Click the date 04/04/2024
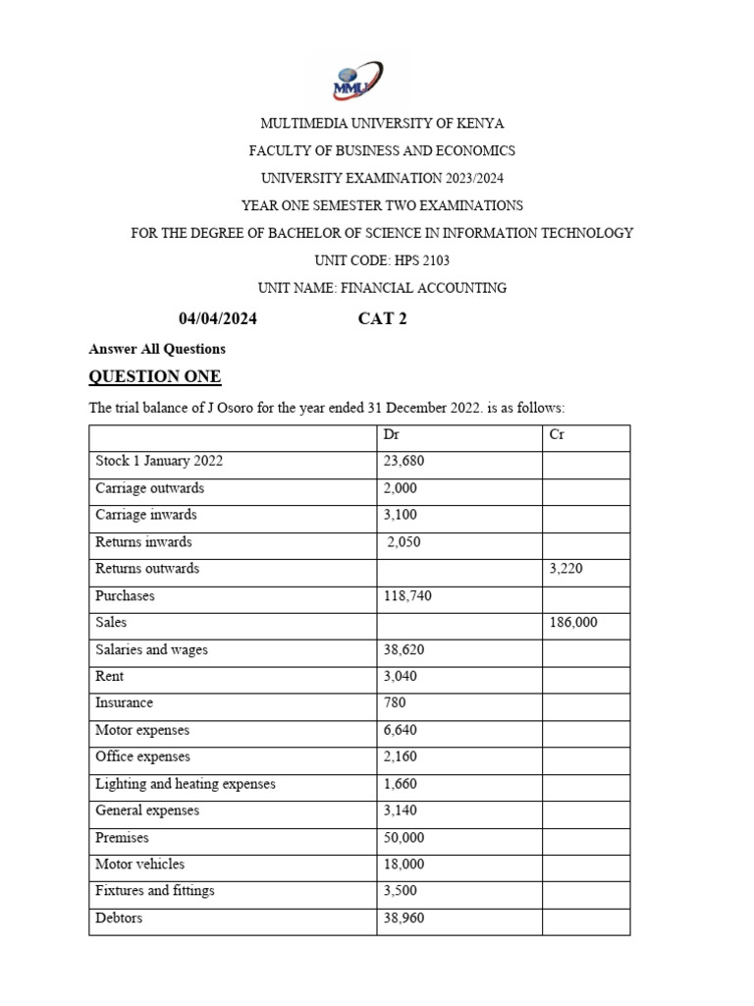[x=218, y=317]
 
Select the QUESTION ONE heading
[x=155, y=377]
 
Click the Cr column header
[x=556, y=433]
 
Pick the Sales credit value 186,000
[x=573, y=623]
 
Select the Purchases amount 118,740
[x=407, y=595]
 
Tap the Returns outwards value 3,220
[x=566, y=569]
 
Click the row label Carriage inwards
[x=146, y=515]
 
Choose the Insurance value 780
[x=395, y=703]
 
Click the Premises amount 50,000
[x=404, y=838]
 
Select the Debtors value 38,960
[x=404, y=919]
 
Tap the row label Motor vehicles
[x=139, y=865]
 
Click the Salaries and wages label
[x=151, y=649]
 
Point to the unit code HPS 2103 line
[x=382, y=260]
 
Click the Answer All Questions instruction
[x=157, y=349]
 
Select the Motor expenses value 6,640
[x=400, y=730]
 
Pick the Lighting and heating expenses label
[x=185, y=784]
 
